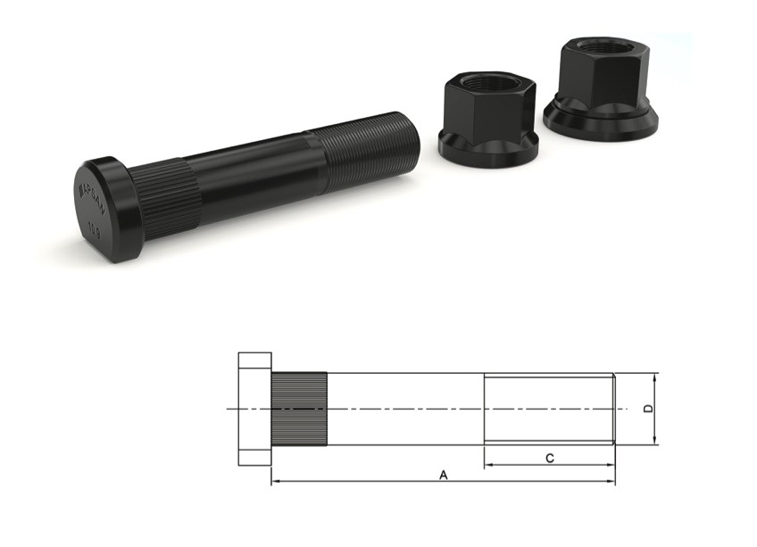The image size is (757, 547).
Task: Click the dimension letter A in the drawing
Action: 444,476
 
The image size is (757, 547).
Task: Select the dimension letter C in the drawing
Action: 550,459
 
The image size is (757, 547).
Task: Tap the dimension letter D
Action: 649,409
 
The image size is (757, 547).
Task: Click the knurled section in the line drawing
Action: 299,409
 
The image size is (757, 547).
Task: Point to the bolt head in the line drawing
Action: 254,409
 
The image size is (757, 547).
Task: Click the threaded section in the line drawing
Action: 548,409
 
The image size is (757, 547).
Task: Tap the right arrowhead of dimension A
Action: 612,482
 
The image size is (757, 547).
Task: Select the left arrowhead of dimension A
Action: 274,482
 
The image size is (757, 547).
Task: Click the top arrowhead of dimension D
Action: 655,377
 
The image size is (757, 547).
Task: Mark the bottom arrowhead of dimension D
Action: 655,441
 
